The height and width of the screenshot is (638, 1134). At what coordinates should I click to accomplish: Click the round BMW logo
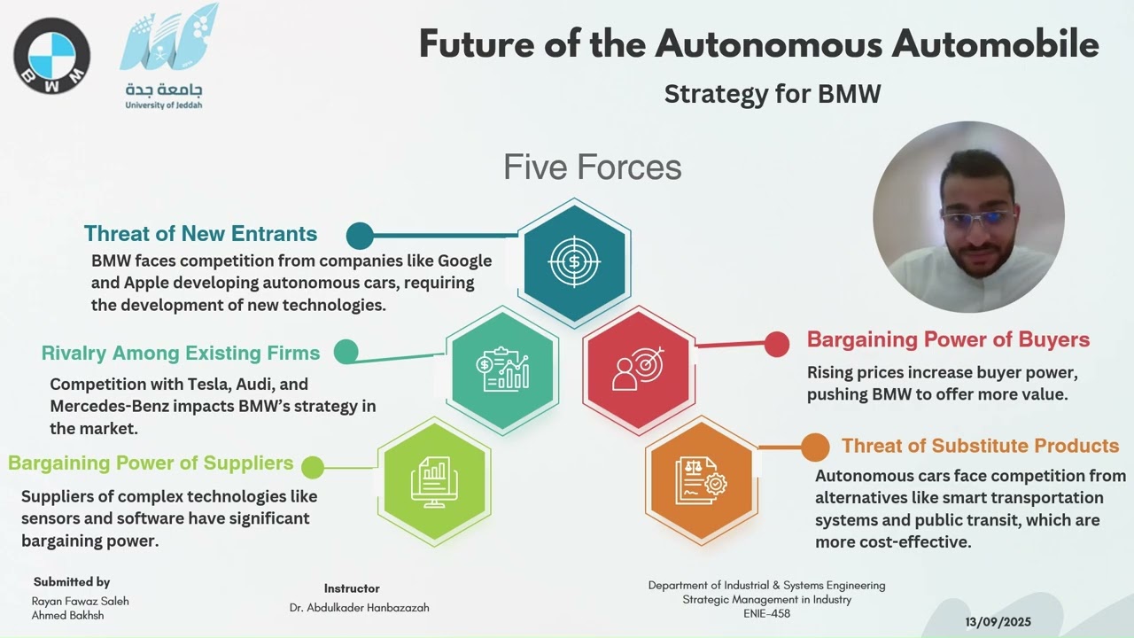click(51, 56)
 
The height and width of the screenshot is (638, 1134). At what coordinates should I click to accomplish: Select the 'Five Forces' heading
click(592, 167)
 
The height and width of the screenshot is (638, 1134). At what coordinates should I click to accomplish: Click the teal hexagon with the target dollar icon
click(574, 261)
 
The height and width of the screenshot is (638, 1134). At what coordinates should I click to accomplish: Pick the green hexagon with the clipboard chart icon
click(502, 370)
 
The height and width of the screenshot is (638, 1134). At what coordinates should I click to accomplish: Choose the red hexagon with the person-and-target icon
click(639, 370)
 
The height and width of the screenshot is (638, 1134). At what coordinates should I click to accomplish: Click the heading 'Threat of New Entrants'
click(200, 234)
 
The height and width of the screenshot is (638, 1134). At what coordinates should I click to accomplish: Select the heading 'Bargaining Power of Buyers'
click(948, 340)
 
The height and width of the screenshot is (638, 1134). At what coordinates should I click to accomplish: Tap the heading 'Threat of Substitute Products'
click(980, 446)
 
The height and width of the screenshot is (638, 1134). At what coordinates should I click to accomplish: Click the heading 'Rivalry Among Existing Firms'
click(181, 353)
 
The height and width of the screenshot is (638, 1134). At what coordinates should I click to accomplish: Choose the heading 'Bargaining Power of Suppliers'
click(151, 463)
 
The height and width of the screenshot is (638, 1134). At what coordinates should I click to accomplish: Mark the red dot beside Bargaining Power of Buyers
click(776, 345)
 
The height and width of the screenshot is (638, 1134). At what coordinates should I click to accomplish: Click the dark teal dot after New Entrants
click(360, 236)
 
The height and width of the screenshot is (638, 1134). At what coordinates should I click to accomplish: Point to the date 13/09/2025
click(998, 622)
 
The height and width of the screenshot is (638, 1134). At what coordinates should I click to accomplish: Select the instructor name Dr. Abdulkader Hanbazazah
click(359, 608)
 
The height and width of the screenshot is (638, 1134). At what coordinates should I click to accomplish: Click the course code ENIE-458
click(766, 613)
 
